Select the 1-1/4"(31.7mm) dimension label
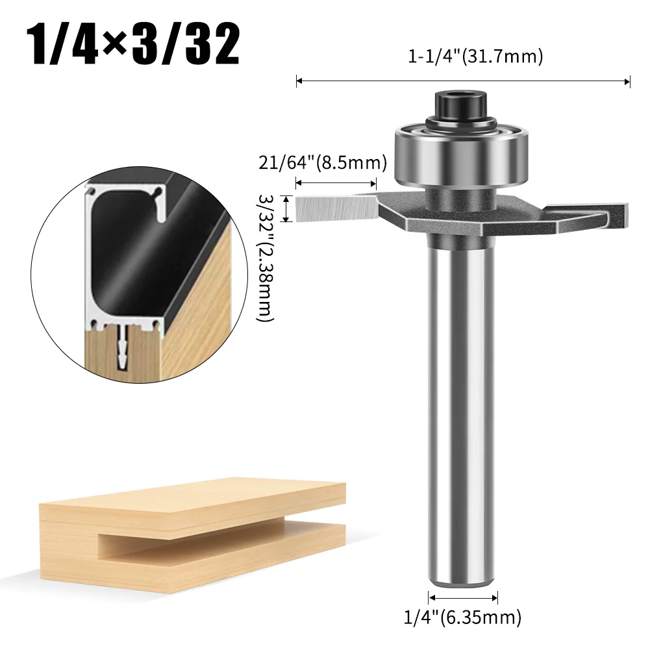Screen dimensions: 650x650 [x=475, y=57]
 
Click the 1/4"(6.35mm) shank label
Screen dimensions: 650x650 [x=462, y=615]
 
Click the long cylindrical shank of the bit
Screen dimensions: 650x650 [x=462, y=403]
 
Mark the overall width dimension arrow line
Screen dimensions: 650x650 [x=463, y=81]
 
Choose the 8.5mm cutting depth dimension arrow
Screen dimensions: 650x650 [x=336, y=184]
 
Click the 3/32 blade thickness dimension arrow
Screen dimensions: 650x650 [x=286, y=208]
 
